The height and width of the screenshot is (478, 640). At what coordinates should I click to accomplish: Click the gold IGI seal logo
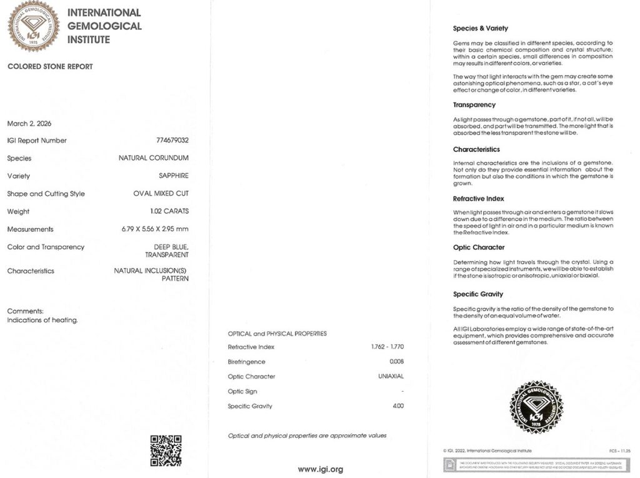pyautogui.click(x=33, y=26)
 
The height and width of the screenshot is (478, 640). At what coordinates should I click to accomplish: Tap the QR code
pyautogui.click(x=166, y=451)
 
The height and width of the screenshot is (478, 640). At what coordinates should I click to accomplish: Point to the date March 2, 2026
pyautogui.click(x=29, y=124)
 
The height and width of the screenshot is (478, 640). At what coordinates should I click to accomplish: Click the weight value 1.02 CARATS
pyautogui.click(x=169, y=211)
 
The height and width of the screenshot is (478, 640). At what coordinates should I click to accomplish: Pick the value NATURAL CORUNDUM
pyautogui.click(x=154, y=158)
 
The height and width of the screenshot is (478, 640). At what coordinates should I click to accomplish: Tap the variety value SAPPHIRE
pyautogui.click(x=174, y=176)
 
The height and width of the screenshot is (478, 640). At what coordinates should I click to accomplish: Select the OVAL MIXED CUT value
pyautogui.click(x=161, y=194)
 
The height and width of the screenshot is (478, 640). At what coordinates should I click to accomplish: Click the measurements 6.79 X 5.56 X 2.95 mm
pyautogui.click(x=155, y=229)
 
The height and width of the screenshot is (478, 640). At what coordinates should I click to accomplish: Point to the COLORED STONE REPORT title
pyautogui.click(x=50, y=67)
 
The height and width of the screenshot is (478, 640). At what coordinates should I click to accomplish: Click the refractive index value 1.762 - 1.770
pyautogui.click(x=387, y=347)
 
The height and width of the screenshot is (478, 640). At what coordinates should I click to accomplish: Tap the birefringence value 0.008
pyautogui.click(x=397, y=362)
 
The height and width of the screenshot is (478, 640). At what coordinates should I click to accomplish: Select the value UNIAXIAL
pyautogui.click(x=391, y=377)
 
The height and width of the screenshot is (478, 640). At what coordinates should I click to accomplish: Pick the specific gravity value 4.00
pyautogui.click(x=398, y=406)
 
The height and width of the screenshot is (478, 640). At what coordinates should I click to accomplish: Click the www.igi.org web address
pyautogui.click(x=320, y=469)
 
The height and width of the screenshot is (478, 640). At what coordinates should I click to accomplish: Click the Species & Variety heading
pyautogui.click(x=481, y=29)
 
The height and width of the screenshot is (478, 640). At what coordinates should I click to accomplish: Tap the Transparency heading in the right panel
pyautogui.click(x=474, y=105)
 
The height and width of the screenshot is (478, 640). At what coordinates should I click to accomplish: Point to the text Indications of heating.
pyautogui.click(x=42, y=321)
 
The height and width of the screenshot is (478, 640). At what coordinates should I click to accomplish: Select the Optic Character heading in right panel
pyautogui.click(x=479, y=247)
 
